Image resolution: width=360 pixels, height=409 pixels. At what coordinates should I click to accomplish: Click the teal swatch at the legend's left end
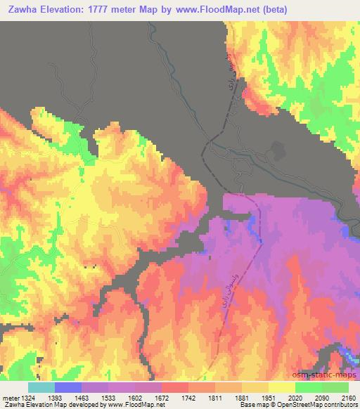[41, 387]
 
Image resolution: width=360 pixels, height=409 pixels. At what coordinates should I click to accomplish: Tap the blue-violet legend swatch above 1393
[68, 387]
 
